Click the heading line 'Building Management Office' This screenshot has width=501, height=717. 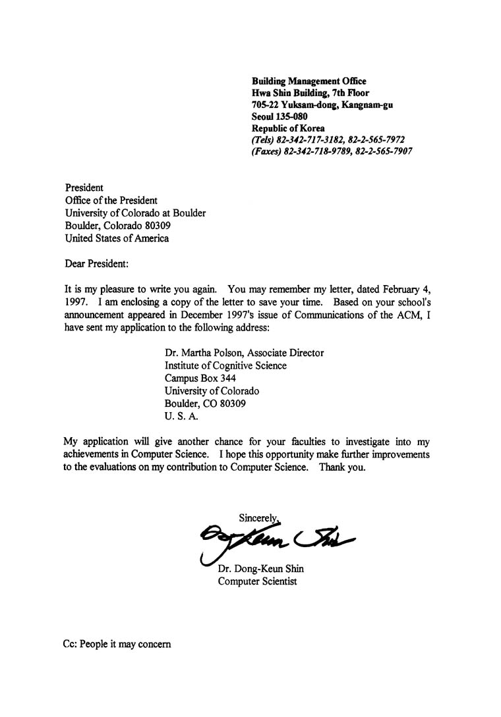tap(309, 81)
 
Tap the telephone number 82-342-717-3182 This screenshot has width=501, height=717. tap(318, 140)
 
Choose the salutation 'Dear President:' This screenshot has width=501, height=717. tap(97, 264)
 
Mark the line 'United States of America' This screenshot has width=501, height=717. tap(117, 238)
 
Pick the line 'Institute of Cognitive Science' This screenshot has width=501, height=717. tap(225, 365)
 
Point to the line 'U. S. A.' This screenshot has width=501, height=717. tap(181, 416)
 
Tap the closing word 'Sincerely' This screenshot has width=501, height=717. tap(259, 518)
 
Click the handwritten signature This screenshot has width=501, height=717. tap(277, 539)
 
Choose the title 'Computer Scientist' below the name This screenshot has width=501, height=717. tap(257, 581)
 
